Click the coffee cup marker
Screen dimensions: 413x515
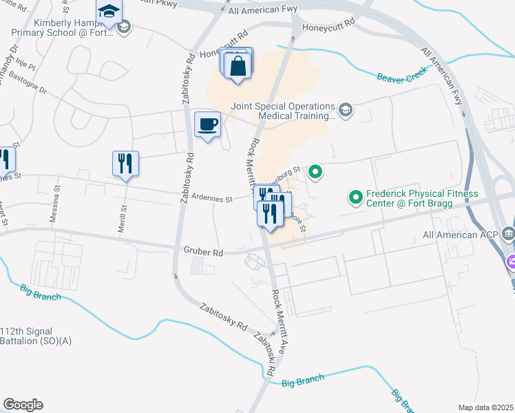click(x=207, y=125)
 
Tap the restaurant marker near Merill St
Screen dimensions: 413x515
click(x=125, y=164)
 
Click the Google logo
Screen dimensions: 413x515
click(x=23, y=405)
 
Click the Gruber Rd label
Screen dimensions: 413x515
click(x=203, y=253)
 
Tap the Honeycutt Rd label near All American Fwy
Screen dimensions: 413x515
click(x=328, y=22)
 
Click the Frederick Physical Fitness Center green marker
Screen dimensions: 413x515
click(x=356, y=198)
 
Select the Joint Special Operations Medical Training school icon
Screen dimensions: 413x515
click(x=346, y=109)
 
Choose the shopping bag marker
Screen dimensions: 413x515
click(x=238, y=67)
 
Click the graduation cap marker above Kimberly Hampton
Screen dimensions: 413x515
click(x=109, y=12)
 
